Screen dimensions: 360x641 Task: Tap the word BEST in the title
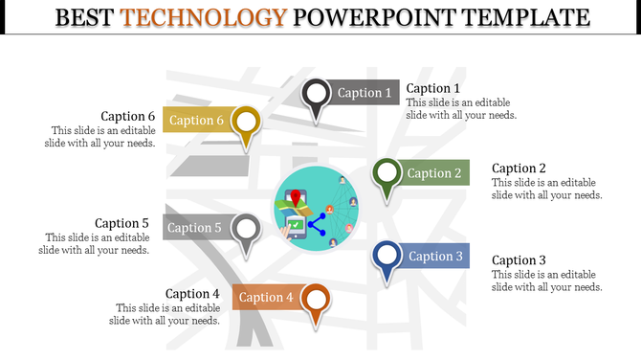click(86, 17)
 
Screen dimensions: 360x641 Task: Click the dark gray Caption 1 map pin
click(317, 95)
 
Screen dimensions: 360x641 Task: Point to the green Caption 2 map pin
click(387, 174)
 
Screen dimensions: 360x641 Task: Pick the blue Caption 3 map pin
click(387, 257)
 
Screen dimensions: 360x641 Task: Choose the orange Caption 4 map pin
click(315, 299)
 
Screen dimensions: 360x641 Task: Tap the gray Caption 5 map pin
click(247, 230)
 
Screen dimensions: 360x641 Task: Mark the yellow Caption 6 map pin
click(247, 123)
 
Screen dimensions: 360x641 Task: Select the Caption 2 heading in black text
click(519, 169)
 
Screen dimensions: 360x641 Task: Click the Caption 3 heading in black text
click(519, 260)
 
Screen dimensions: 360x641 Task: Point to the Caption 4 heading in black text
click(192, 294)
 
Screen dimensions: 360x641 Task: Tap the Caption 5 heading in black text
click(122, 223)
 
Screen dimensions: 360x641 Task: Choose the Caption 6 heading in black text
click(127, 116)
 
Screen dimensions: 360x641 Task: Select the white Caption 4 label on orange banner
click(265, 298)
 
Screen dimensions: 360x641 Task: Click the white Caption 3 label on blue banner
click(435, 256)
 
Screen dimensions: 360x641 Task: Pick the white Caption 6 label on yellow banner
click(196, 121)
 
